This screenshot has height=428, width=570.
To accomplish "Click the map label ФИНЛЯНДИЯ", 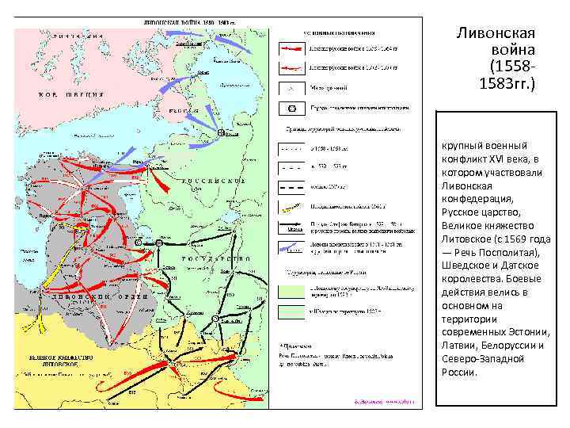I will pos(76,36).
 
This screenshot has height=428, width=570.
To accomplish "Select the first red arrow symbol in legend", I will pos(290,48).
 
